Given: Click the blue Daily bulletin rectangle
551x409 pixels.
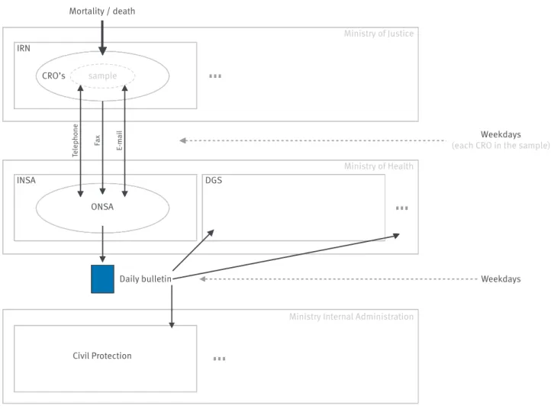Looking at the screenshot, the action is (x=102, y=279).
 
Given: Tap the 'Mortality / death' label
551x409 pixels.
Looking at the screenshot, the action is (x=102, y=11).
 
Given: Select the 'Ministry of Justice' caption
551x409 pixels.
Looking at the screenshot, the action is (x=379, y=34).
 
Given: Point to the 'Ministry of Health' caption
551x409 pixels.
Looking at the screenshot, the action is (x=379, y=166).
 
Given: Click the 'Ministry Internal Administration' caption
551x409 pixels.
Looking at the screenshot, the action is (x=351, y=317).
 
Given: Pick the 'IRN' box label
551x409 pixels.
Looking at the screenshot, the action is (x=24, y=48).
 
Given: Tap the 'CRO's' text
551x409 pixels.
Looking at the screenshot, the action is (x=53, y=76).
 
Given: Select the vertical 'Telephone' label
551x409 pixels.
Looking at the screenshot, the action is (x=76, y=140).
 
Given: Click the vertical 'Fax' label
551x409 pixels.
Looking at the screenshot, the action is (x=98, y=140).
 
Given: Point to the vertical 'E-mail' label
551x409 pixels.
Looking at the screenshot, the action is (x=120, y=140).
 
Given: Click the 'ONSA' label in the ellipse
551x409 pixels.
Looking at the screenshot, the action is (x=102, y=207).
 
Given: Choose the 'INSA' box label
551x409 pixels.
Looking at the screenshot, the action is (x=26, y=180).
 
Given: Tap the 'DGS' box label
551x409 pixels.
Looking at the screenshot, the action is (x=214, y=180).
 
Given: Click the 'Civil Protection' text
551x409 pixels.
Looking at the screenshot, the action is (x=102, y=356).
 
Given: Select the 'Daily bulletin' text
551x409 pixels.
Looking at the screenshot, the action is (x=146, y=279).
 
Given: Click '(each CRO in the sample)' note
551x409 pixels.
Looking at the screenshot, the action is (x=501, y=146).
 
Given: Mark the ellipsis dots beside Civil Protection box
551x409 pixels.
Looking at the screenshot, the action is (x=219, y=359).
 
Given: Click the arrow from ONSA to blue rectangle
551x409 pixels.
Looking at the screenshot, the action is (x=102, y=244).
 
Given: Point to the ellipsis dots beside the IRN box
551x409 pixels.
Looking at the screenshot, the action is (x=215, y=76).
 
